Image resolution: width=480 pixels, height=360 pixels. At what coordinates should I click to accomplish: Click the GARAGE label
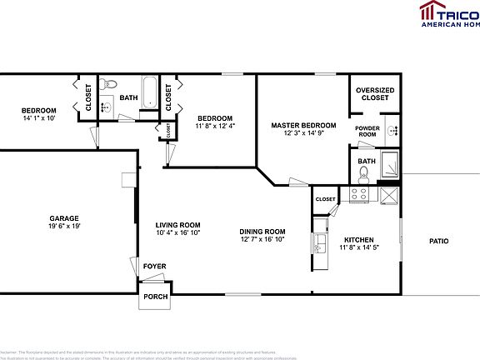pos(63,217)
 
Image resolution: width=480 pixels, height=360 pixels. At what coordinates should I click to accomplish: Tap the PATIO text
pos(438,241)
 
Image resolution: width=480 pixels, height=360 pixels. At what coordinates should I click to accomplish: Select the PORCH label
pos(155,296)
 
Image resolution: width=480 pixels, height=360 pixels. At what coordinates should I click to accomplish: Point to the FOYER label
pos(154,267)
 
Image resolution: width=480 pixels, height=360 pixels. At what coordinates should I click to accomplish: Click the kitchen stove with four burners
pos(359,194)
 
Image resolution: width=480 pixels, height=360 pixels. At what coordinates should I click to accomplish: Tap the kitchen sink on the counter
pos(320,243)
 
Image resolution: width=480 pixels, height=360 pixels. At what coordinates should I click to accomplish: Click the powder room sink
pos(392,131)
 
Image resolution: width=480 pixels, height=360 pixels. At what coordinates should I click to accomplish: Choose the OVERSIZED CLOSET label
pos(374,94)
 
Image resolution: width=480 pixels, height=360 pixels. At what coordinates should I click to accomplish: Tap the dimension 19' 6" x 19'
pos(63,226)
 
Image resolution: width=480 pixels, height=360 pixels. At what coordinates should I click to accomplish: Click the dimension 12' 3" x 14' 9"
pos(303,133)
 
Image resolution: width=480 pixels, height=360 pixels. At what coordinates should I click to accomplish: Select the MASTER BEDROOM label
pos(303,125)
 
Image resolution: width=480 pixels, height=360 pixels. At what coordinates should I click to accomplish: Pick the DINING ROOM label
pos(262,232)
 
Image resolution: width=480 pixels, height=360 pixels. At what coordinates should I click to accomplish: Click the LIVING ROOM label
pos(177,224)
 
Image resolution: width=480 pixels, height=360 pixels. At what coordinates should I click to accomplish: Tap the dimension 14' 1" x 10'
pos(38,118)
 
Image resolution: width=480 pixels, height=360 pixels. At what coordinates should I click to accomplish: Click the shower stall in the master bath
pos(388,167)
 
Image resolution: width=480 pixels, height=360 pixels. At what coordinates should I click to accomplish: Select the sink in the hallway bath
pos(106,105)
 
